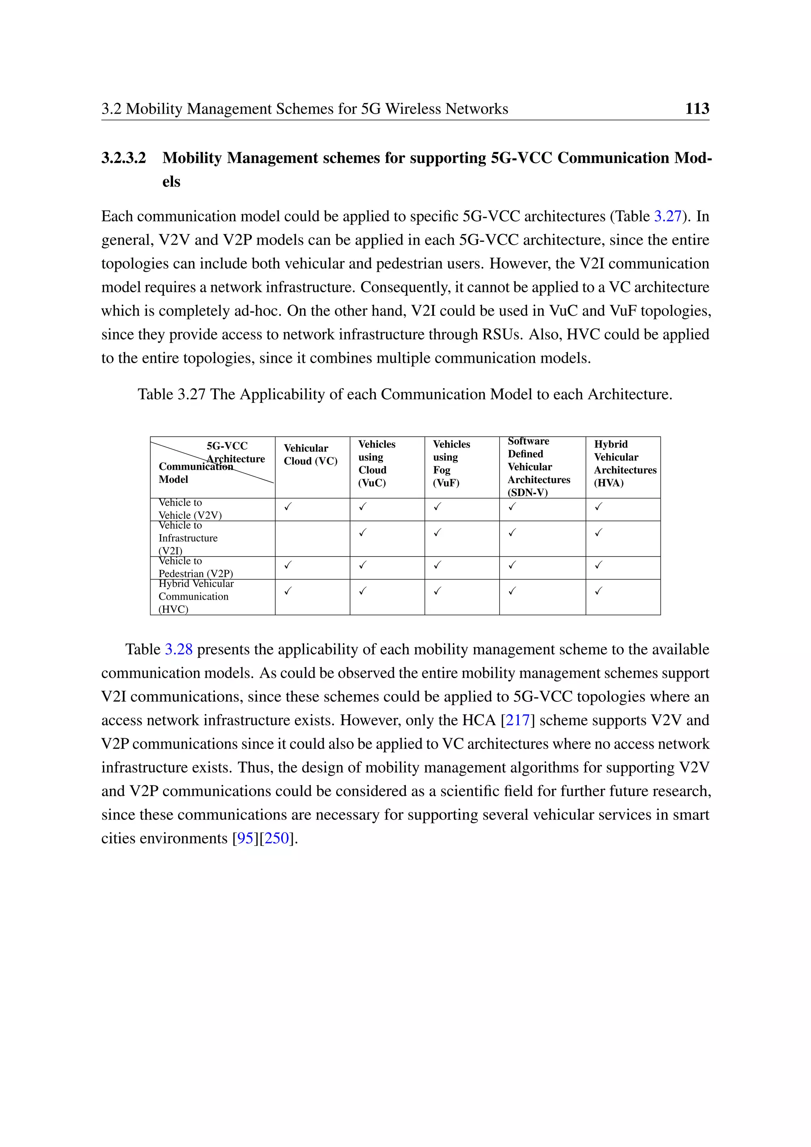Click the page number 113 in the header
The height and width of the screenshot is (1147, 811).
(x=697, y=109)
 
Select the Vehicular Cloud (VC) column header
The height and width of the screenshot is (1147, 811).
(x=310, y=455)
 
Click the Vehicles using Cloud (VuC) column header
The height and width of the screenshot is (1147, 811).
(x=377, y=464)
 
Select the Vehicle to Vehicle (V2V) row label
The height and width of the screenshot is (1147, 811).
(x=190, y=509)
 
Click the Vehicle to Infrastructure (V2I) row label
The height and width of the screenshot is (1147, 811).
(x=188, y=538)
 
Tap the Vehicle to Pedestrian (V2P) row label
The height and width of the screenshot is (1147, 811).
(x=195, y=568)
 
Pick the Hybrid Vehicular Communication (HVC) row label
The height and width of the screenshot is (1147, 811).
(x=195, y=596)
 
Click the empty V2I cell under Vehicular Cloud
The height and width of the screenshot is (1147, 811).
(x=312, y=539)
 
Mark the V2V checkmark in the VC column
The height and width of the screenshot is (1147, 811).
(x=287, y=507)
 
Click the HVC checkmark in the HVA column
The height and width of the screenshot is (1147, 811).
(x=599, y=591)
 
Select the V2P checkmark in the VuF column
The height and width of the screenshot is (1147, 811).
(x=438, y=565)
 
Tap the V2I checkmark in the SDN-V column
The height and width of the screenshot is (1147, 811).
(x=512, y=533)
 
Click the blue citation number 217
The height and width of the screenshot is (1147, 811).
(x=517, y=720)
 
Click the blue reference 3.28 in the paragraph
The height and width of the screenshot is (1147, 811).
(x=178, y=650)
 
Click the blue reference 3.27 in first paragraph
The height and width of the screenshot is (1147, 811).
(x=667, y=216)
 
